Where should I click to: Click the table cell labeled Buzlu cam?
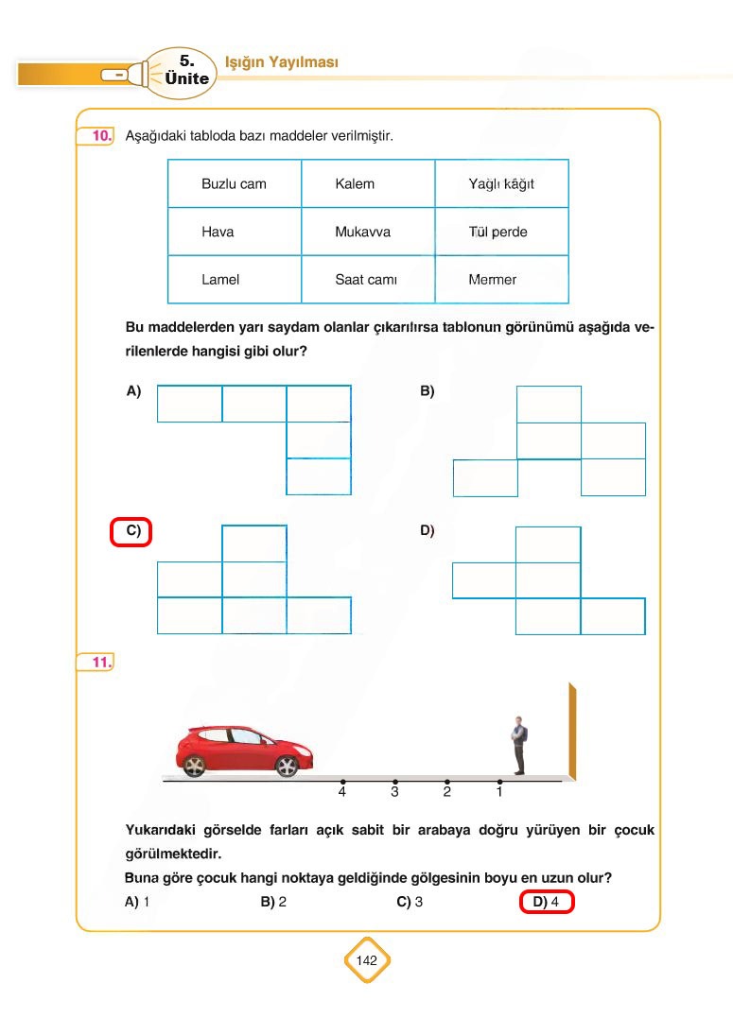click(235, 184)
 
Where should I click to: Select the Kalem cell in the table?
click(368, 184)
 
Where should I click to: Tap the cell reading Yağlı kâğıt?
click(501, 184)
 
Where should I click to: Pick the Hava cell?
click(235, 232)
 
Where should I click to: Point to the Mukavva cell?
click(368, 232)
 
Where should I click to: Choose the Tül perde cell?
click(501, 232)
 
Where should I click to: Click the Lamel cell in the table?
click(235, 280)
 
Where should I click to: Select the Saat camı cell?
click(368, 280)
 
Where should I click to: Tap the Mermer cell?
click(501, 280)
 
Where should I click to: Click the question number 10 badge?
click(99, 137)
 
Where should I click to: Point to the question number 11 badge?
click(99, 663)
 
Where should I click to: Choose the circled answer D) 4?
click(547, 903)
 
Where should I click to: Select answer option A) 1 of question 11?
click(138, 903)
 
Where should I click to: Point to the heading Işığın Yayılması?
click(281, 62)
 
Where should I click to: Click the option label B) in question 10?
click(427, 390)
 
